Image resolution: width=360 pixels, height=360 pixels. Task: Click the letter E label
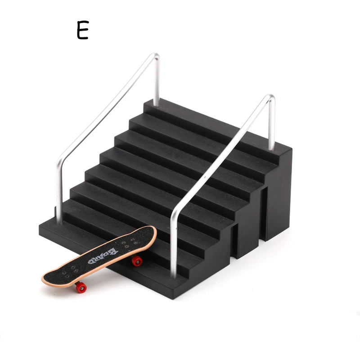point(82,31)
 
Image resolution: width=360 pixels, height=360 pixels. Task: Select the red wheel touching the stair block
point(137,261)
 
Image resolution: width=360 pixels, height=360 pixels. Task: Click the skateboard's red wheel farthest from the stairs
point(81,287)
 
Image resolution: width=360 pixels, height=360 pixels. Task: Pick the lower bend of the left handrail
point(59,165)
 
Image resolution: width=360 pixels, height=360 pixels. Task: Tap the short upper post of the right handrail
point(272,126)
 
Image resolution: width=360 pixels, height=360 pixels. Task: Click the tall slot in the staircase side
point(265,211)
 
